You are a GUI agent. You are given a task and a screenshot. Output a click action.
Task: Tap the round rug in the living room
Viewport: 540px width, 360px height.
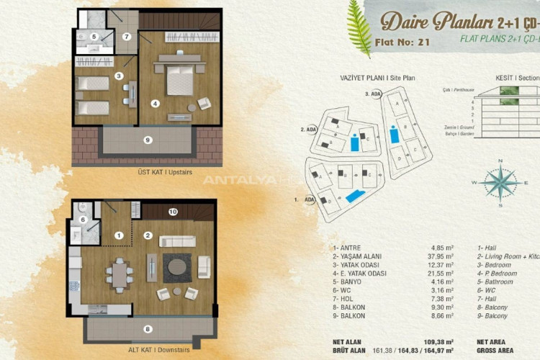coord(176,268)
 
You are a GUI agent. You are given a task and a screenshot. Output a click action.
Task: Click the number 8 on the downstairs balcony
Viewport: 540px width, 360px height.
coord(148,329)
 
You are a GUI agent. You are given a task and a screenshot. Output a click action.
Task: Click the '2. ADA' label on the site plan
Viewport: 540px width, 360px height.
coord(308,130)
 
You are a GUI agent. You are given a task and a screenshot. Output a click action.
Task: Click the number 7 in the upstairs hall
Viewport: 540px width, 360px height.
coord(127,36)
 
